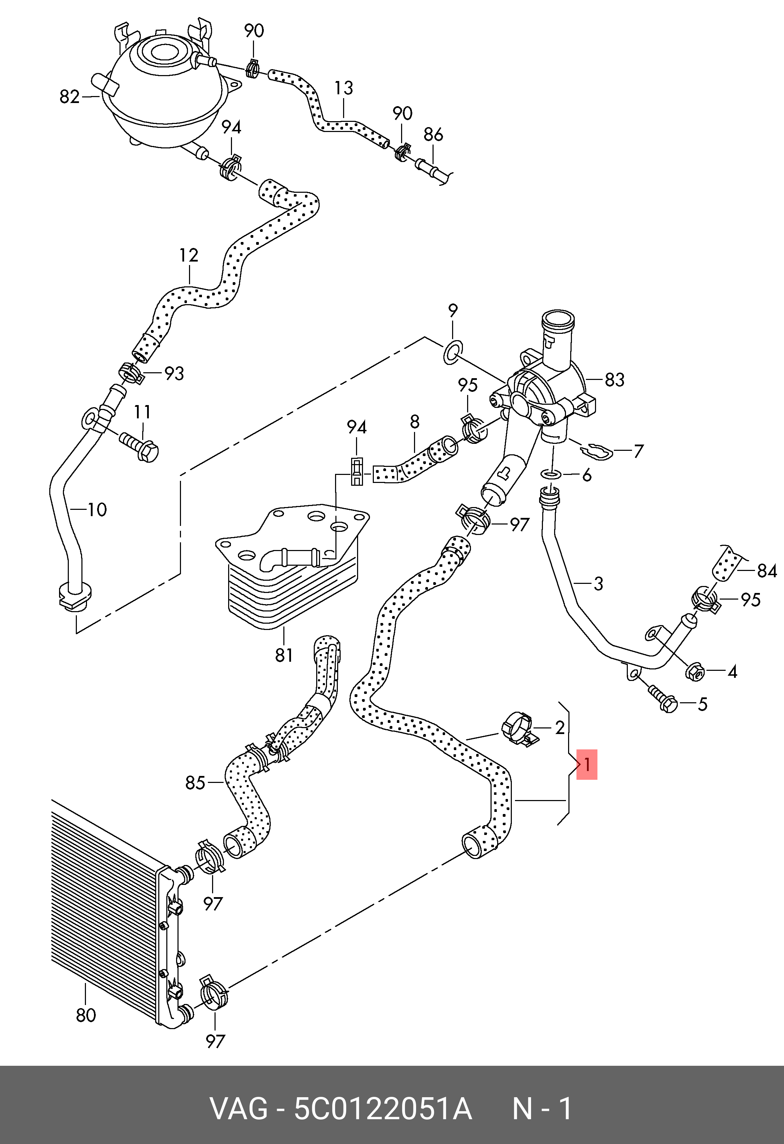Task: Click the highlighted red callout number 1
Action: (587, 764)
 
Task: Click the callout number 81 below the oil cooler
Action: (284, 655)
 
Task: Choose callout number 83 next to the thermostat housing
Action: (614, 380)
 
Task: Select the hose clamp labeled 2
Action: (517, 728)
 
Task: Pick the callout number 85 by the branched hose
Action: (195, 782)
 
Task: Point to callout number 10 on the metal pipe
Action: (97, 509)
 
